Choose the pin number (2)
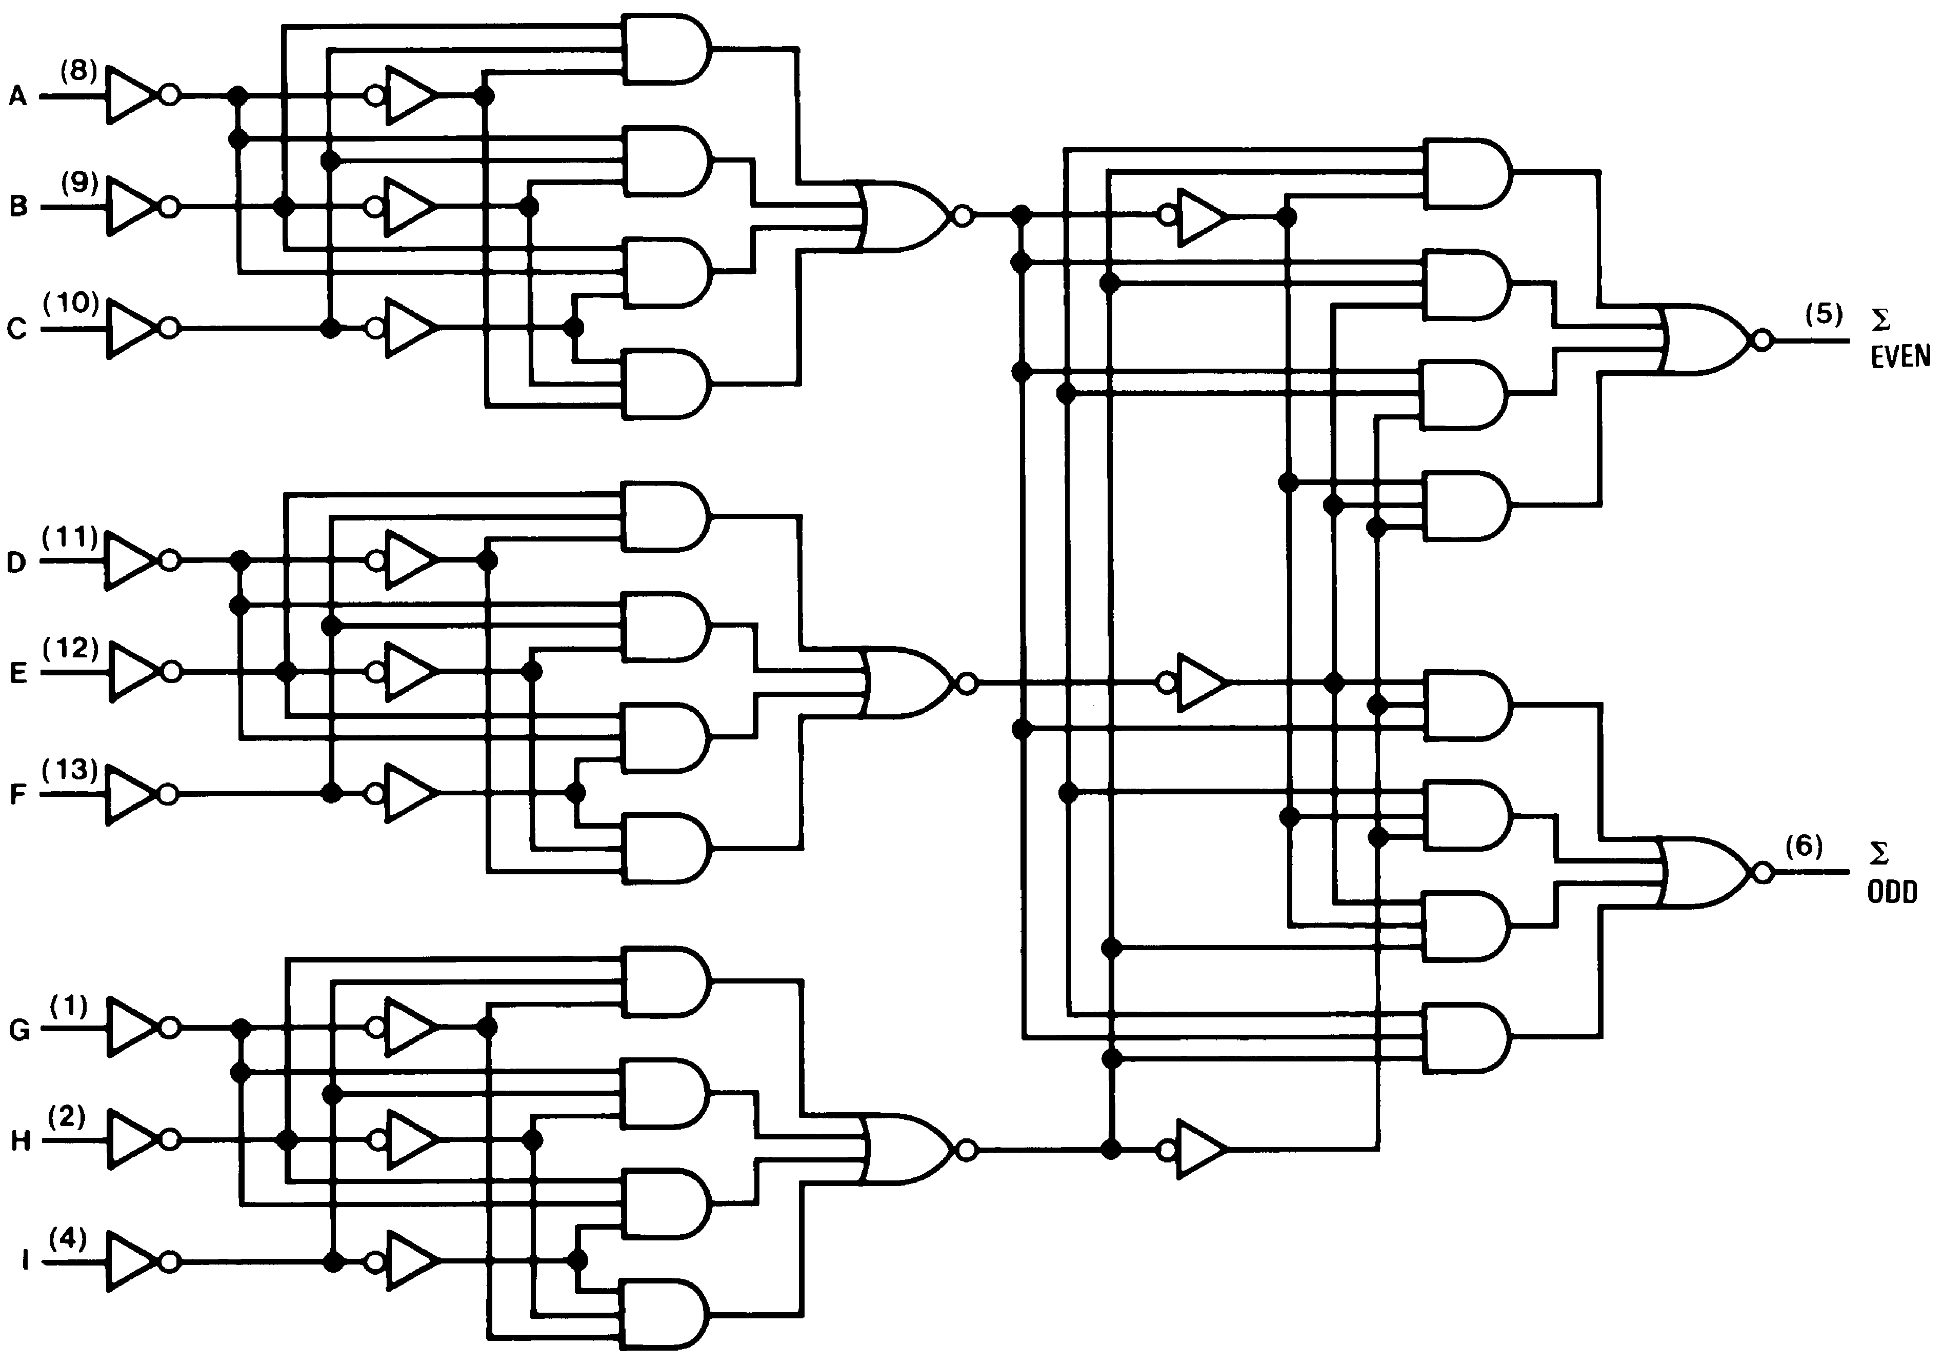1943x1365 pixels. point(68,1117)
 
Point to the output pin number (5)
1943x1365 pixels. point(1823,315)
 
